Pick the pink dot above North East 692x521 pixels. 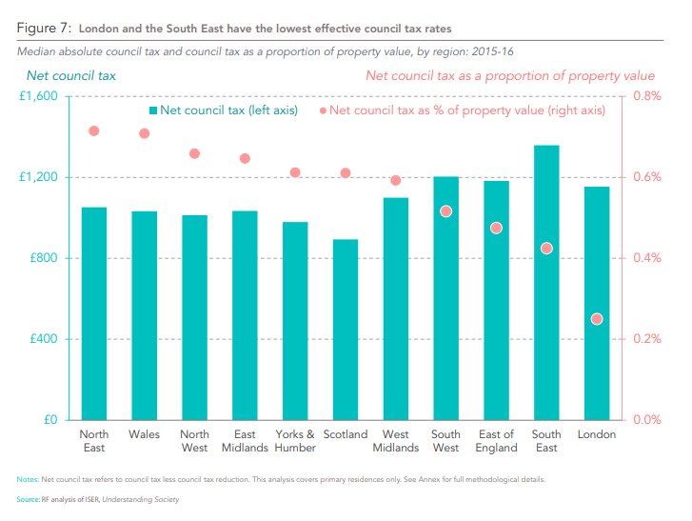(x=94, y=130)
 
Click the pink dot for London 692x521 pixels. (x=597, y=319)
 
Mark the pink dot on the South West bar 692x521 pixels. (x=445, y=211)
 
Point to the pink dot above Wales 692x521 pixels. (x=145, y=133)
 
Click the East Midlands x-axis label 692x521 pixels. (x=245, y=441)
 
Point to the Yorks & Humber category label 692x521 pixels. (x=295, y=441)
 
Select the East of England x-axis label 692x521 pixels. (x=496, y=441)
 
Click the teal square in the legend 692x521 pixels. (x=152, y=110)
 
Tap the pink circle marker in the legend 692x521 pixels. (x=323, y=110)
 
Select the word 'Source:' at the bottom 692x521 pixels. (x=30, y=499)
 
